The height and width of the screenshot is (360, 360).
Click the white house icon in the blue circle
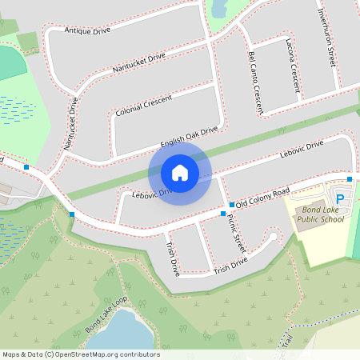(x=180, y=172)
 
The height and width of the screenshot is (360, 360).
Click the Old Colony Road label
(x=259, y=200)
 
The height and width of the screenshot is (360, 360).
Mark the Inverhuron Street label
(x=326, y=35)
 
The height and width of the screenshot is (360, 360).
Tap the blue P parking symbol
(x=340, y=199)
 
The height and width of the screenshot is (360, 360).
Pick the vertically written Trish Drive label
(x=172, y=260)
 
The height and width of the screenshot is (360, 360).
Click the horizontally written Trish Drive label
(x=232, y=264)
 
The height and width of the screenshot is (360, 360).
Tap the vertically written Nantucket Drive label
(x=70, y=123)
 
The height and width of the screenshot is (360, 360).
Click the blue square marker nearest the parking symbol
(x=350, y=178)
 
